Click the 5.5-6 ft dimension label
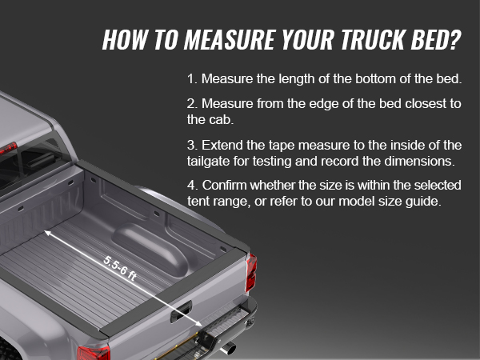pyautogui.click(x=120, y=269)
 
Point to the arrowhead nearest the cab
pyautogui.click(x=47, y=234)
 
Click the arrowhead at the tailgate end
pyautogui.click(x=198, y=323)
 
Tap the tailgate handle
pyautogui.click(x=182, y=311)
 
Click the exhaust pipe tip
pyautogui.click(x=229, y=349)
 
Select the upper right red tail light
pyautogui.click(x=251, y=272)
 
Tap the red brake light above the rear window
pyautogui.click(x=8, y=148)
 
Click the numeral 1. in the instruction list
pyautogui.click(x=193, y=79)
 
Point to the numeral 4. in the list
pyautogui.click(x=193, y=186)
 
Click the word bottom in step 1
pyautogui.click(x=375, y=79)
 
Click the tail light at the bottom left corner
pyautogui.click(x=94, y=353)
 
